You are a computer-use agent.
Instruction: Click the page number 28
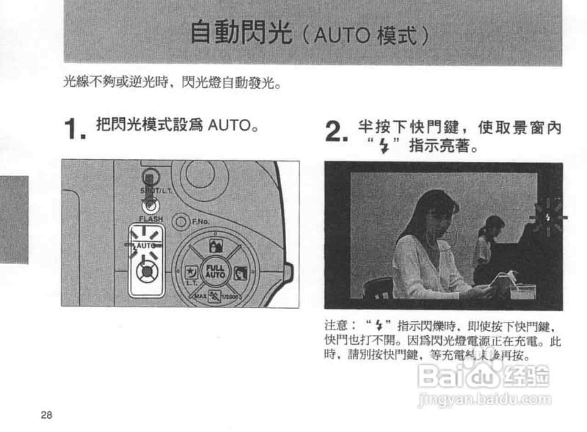46,415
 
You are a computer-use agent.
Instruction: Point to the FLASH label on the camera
151,219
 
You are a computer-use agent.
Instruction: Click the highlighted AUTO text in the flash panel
146,246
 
